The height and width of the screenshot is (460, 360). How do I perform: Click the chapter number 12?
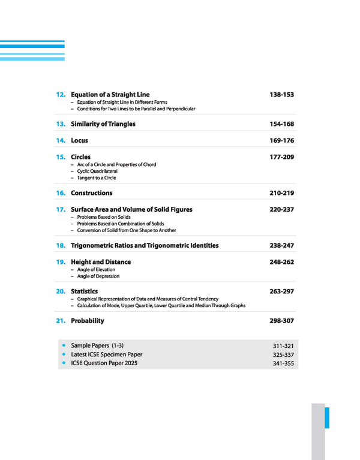(61, 95)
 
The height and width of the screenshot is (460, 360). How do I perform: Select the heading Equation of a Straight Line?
(110, 95)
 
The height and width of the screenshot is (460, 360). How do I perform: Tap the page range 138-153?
(281, 95)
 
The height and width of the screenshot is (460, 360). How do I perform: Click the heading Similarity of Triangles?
(103, 124)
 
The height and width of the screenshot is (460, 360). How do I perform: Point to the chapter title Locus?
(79, 140)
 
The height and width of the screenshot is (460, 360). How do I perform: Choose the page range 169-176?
(281, 140)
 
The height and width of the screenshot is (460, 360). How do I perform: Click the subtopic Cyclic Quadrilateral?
(95, 171)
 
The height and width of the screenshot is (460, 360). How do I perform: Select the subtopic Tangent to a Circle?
(97, 178)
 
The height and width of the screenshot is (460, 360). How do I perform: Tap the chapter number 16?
(61, 193)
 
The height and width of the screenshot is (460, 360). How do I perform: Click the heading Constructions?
(91, 193)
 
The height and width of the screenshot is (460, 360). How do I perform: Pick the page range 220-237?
(281, 210)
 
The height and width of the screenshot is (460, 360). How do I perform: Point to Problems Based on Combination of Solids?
(121, 224)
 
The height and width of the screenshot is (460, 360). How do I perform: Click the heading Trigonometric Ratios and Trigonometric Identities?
(145, 246)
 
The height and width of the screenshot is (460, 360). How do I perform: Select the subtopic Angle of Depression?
(98, 276)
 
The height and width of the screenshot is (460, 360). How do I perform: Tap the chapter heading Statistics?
(84, 291)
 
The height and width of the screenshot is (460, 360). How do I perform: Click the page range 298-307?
(281, 321)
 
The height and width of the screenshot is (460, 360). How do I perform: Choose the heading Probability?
(88, 321)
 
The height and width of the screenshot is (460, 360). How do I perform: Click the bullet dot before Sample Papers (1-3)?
(63, 346)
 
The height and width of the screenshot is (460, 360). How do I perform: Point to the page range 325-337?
(283, 355)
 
